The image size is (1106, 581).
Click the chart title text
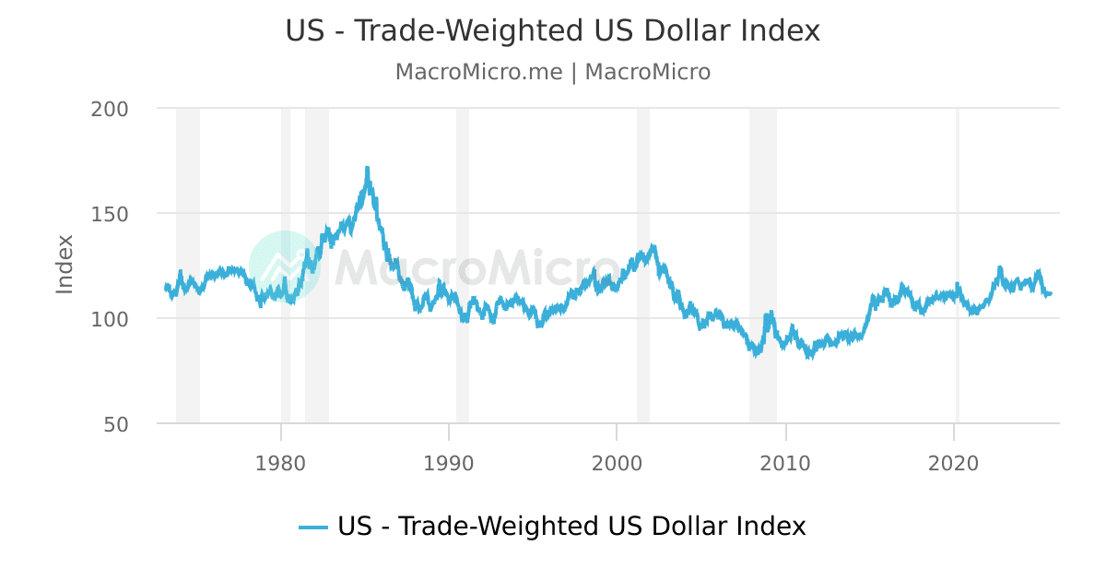(x=552, y=30)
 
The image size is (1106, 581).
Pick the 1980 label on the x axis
(x=280, y=463)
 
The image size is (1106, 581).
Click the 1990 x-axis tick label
(x=449, y=463)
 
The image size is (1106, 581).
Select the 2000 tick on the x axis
(x=617, y=463)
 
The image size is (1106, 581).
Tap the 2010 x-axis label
(x=785, y=463)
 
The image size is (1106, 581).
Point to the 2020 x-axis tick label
(x=954, y=463)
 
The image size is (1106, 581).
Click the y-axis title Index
(x=65, y=265)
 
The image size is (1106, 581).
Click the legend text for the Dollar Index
(x=571, y=527)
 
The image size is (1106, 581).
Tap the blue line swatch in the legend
(x=313, y=528)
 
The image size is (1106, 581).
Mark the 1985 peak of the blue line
(x=367, y=169)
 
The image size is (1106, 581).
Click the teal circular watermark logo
(x=285, y=267)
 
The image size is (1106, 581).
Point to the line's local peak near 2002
(x=653, y=246)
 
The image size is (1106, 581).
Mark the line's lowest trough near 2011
(x=809, y=356)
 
